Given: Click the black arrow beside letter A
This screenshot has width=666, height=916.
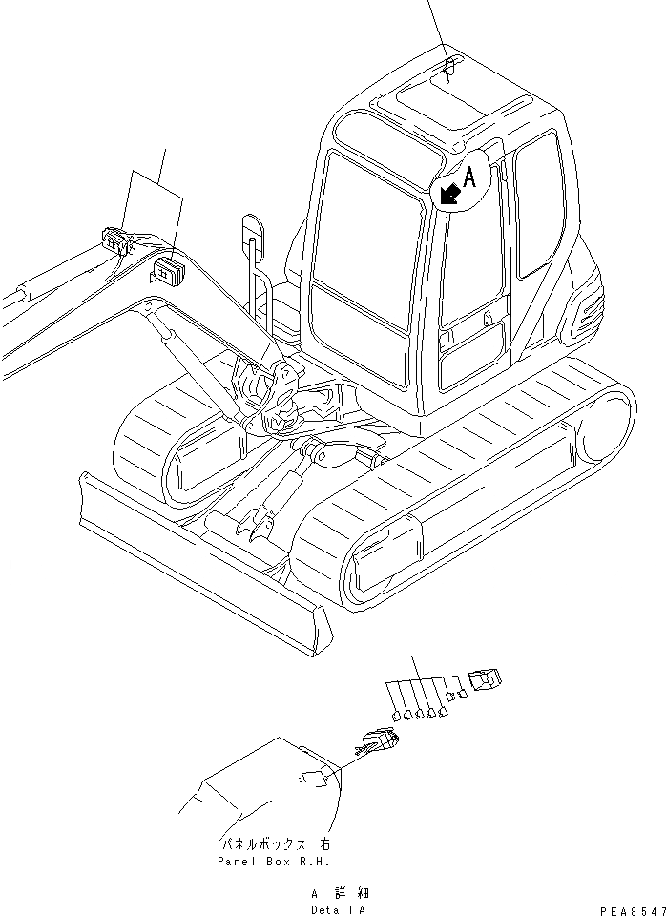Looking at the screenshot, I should [x=449, y=194].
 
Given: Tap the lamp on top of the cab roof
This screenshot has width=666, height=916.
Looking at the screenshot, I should [x=450, y=66].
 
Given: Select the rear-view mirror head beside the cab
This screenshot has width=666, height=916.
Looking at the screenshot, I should [x=252, y=231].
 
